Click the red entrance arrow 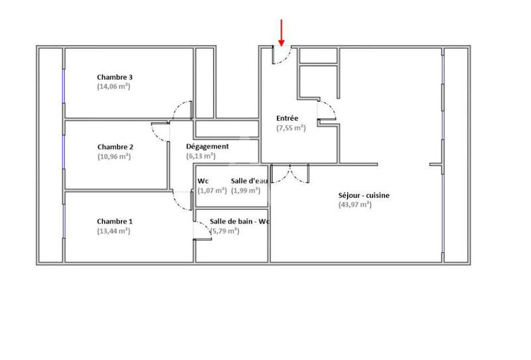point(281,33)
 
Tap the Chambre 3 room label point(115,77)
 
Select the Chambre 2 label point(115,147)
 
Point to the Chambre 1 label point(115,221)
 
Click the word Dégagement point(207,146)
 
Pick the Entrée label point(287,118)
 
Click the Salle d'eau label point(248,181)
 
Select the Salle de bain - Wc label point(238,221)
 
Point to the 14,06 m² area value point(114,86)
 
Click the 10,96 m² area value point(114,157)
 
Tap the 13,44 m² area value point(114,231)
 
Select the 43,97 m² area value point(354,205)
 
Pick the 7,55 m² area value point(291,128)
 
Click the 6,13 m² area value point(200,156)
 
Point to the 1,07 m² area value point(212,191)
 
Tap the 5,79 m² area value point(225,231)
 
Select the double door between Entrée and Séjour point(289,174)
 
